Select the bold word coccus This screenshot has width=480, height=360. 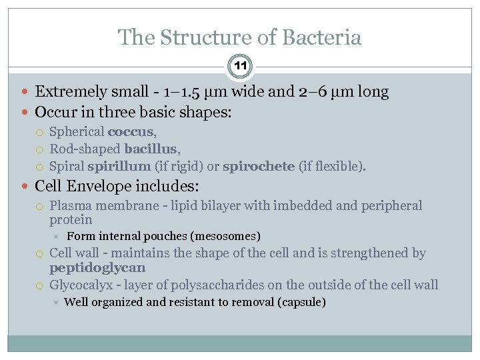pos(131,132)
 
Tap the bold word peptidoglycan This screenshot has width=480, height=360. pos(97,268)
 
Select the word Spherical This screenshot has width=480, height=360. pos(77,132)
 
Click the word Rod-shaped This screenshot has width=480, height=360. pos(85,149)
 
